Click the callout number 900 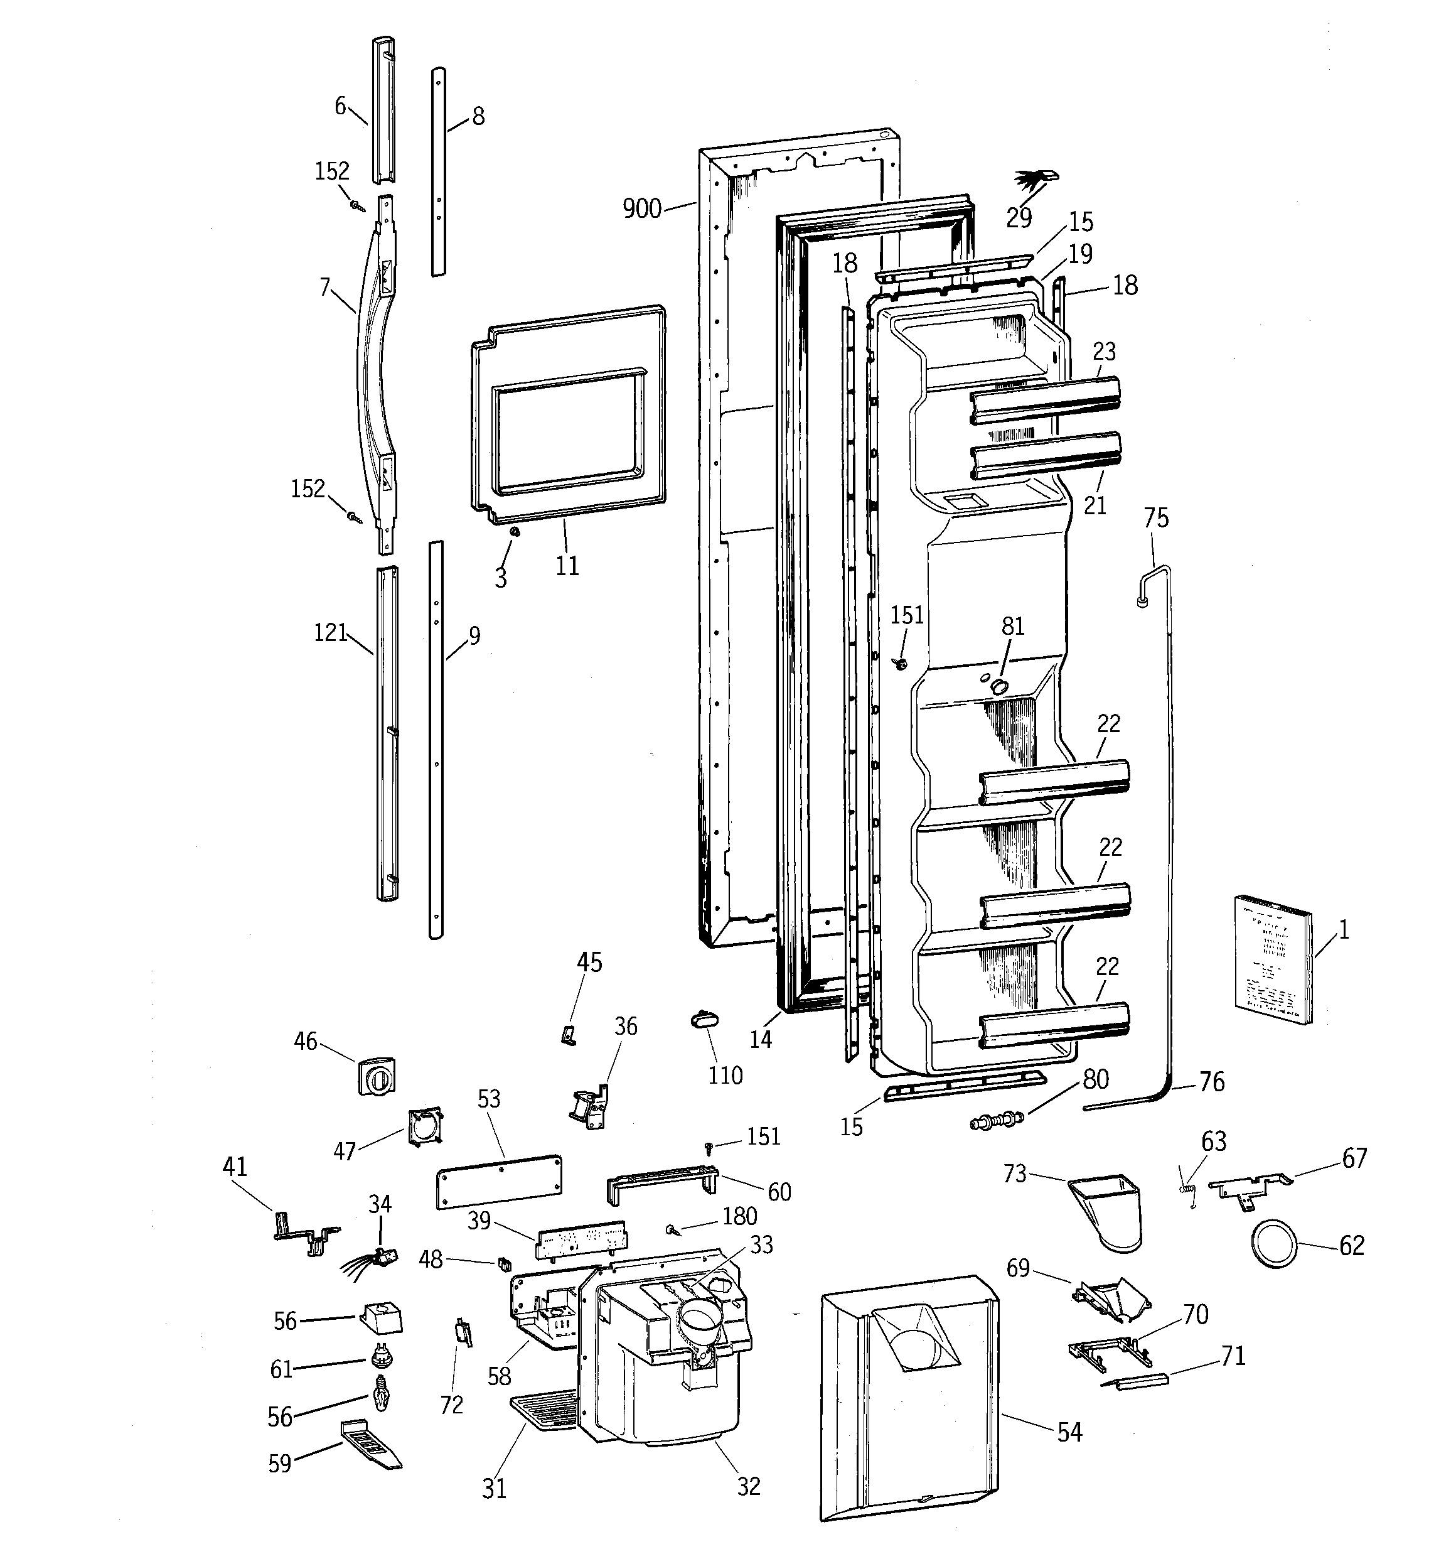tap(641, 208)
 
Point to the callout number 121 tap(331, 633)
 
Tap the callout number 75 tap(1156, 518)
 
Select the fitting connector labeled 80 tap(994, 1120)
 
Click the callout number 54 tap(1069, 1432)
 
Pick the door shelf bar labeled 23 tap(1045, 400)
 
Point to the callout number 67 tap(1354, 1158)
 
